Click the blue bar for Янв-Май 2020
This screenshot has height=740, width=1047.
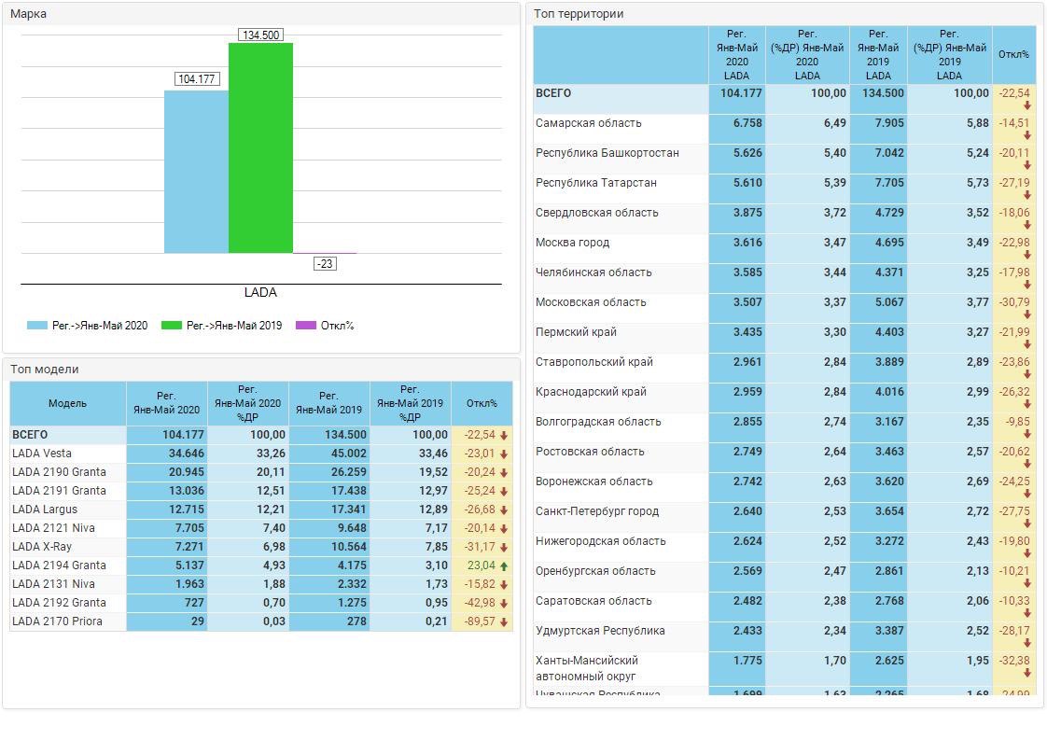196,172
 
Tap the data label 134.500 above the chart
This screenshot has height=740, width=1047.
260,35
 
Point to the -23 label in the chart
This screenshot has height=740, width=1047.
325,264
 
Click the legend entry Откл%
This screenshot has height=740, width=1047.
326,326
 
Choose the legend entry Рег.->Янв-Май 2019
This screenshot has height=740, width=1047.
222,326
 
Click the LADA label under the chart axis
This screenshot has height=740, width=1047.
260,292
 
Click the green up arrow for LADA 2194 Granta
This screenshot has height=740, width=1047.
504,565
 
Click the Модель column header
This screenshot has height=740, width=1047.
67,403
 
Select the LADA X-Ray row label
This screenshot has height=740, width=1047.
42,547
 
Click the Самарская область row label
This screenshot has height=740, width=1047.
589,123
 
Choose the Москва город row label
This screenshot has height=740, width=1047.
572,243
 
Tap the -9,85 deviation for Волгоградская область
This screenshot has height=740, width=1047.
1015,422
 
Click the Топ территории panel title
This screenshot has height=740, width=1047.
579,14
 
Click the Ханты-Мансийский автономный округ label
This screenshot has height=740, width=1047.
587,667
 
